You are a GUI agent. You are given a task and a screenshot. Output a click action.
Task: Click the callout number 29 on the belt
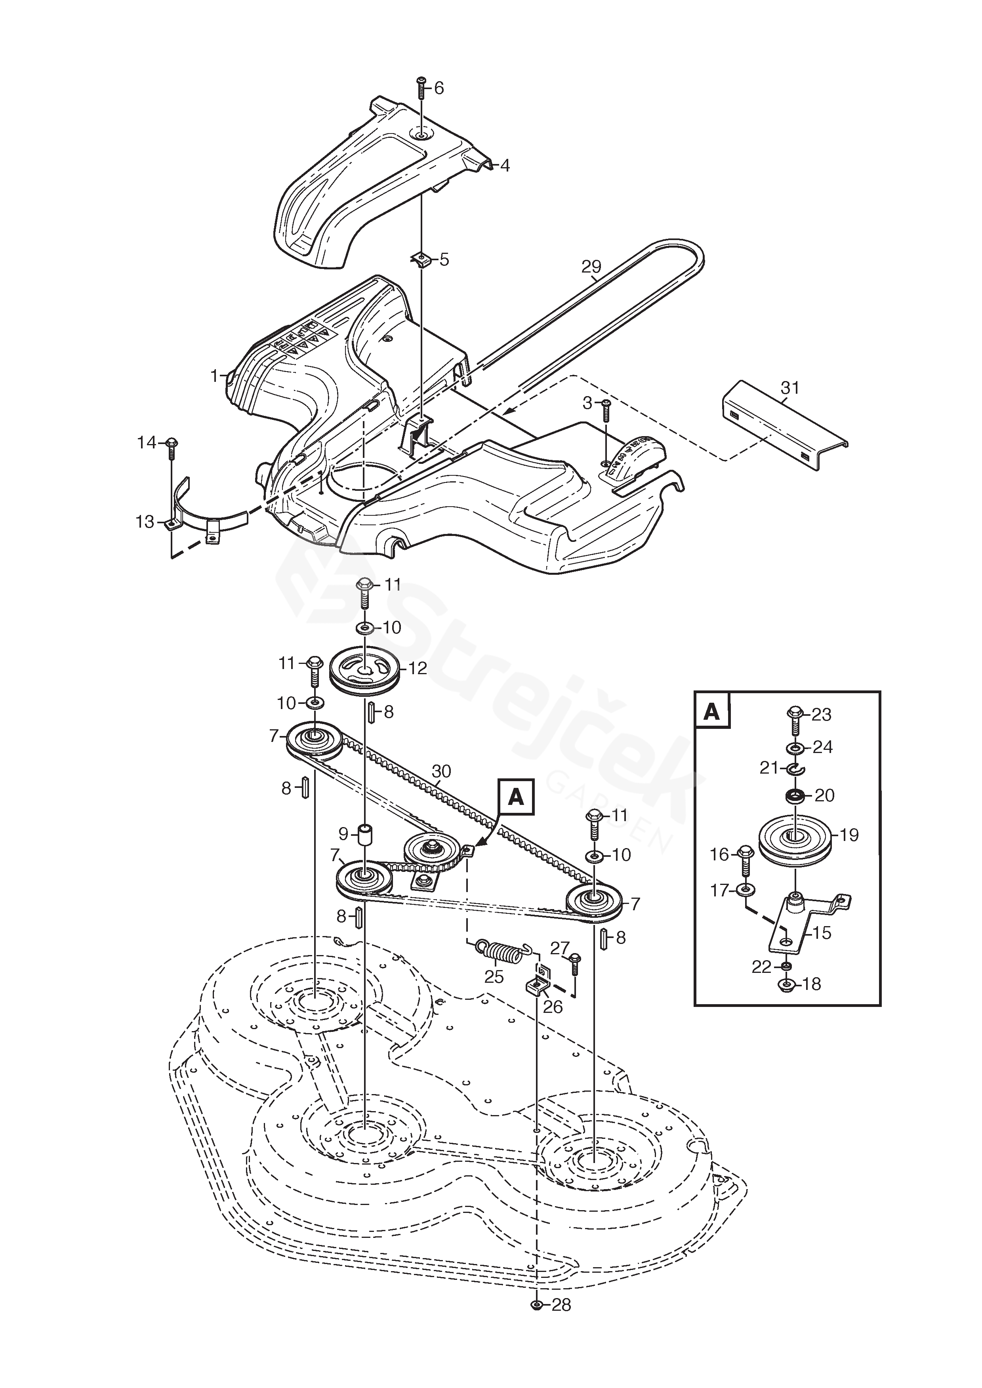pyautogui.click(x=591, y=266)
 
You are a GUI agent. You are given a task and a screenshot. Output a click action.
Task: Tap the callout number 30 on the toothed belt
pyautogui.click(x=441, y=771)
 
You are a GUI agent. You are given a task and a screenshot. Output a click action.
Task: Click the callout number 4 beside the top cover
pyautogui.click(x=504, y=166)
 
